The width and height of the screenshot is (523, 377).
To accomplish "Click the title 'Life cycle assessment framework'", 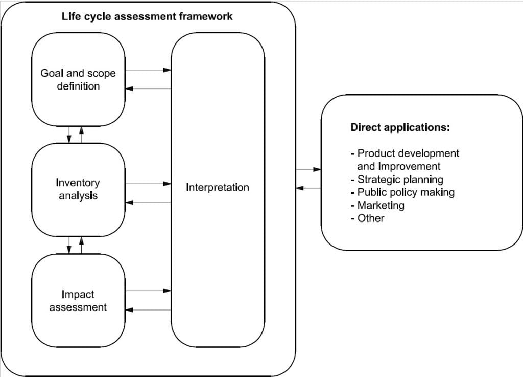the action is pos(147,16).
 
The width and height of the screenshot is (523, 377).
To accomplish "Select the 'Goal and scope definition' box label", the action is pos(78,79).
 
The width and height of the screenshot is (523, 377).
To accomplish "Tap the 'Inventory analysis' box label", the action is pos(78,189).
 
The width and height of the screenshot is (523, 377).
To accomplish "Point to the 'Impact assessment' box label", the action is pos(78,301).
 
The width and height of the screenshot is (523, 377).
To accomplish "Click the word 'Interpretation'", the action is pos(218,187).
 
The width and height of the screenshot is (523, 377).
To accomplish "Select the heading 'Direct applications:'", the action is pos(400,127).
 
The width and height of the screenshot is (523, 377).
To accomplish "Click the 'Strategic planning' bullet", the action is pos(397,180).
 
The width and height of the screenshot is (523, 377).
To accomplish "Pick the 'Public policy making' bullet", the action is pos(403,192).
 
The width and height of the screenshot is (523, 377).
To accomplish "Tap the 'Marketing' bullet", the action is pos(378,205).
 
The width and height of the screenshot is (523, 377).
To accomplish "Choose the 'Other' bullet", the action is pos(368,218).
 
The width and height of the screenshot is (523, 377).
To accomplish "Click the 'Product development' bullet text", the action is pos(405,153).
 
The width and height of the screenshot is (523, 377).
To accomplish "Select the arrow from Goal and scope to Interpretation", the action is pos(149,70).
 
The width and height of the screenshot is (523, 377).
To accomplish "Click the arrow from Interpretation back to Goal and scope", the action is pos(149,88).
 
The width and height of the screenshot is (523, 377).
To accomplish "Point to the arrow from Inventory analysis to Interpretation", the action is pos(149,184).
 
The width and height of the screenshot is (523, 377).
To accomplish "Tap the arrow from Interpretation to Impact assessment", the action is pos(149,310).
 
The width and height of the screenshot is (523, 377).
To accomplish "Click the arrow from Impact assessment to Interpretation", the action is pos(149,291).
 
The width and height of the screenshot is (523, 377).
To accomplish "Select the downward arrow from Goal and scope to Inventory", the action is pos(69,135).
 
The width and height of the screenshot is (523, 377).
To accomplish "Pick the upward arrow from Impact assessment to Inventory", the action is pos(81,245).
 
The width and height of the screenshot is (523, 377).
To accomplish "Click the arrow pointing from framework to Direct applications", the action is pos(308,169).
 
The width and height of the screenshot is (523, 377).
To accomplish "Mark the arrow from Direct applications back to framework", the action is pos(308,188).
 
